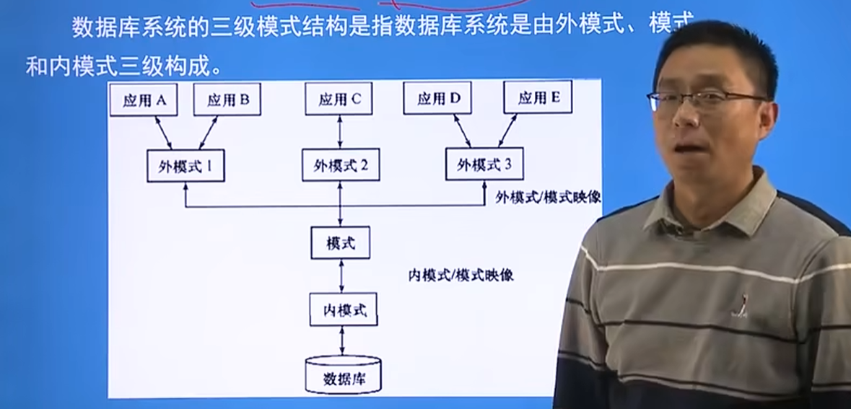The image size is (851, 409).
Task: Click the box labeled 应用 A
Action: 144,100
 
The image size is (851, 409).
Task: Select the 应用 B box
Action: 227,100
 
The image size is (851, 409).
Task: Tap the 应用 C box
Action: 339,99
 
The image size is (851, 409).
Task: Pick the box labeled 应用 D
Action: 438,99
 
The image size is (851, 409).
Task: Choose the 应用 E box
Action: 538,98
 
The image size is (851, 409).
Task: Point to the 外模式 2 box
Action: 341,165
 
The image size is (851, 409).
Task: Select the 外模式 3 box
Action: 484,164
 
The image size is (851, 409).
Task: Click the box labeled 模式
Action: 341,243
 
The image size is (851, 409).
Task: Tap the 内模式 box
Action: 343,310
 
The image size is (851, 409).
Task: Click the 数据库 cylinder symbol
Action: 343,375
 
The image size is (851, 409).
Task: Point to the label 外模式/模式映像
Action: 548,197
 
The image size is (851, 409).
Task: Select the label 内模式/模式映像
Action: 461,275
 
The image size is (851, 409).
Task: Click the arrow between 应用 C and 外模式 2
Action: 340,132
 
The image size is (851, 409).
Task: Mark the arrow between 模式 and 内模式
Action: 341,276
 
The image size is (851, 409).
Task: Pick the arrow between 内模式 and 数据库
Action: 342,340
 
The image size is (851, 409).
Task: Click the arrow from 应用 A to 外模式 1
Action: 164,133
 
